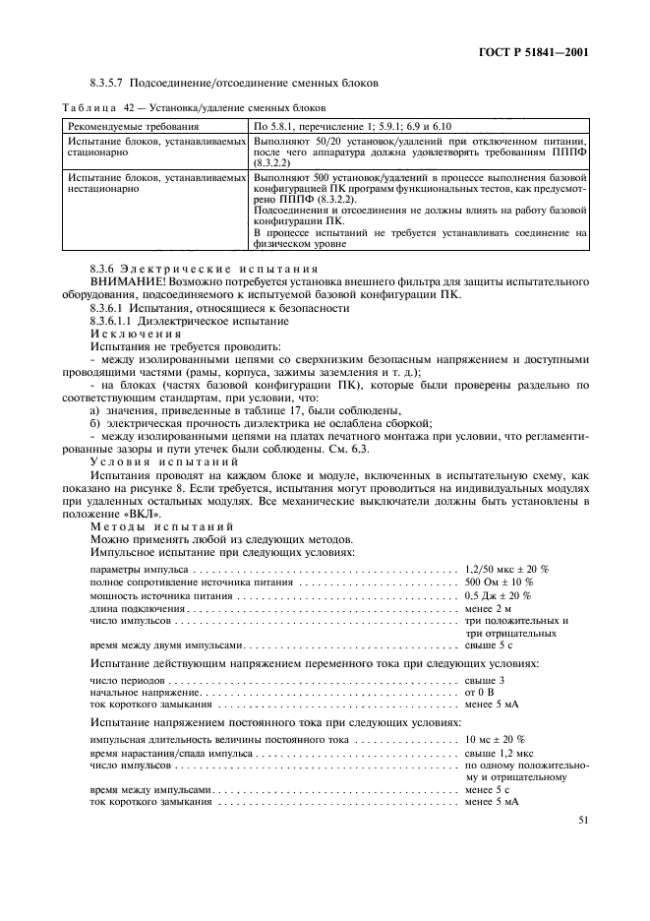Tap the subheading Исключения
coord(129,335)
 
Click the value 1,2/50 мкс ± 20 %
coord(506,570)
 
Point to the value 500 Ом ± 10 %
coord(499,583)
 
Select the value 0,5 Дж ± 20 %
coord(499,596)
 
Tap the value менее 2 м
coord(490,609)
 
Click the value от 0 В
coord(481,693)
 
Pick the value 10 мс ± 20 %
coord(495,738)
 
